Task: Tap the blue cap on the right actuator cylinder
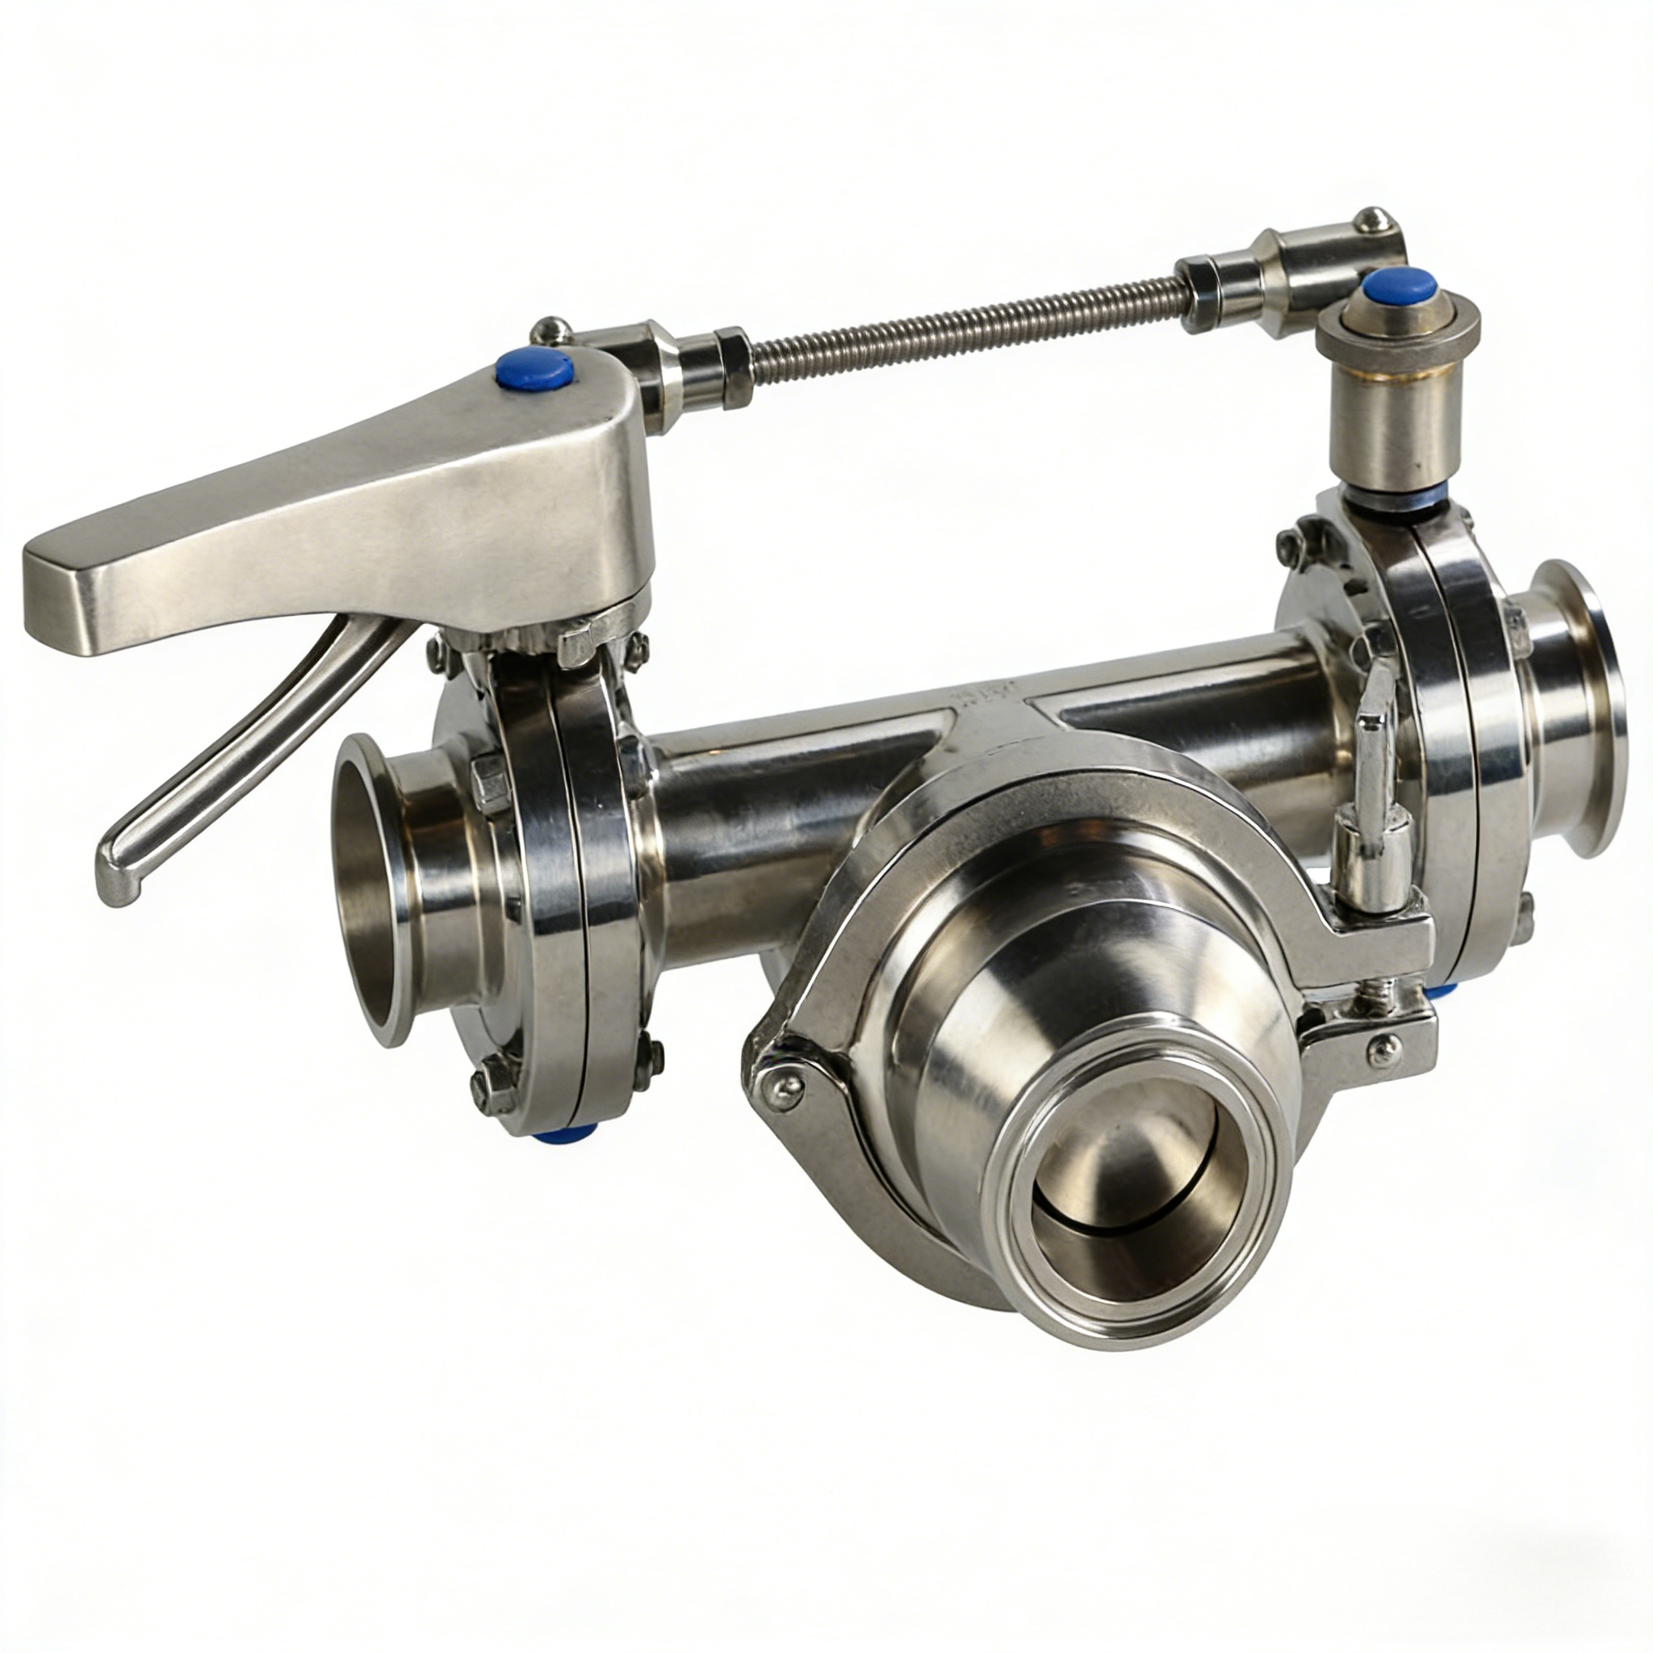(1399, 285)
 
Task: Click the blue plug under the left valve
(560, 1136)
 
